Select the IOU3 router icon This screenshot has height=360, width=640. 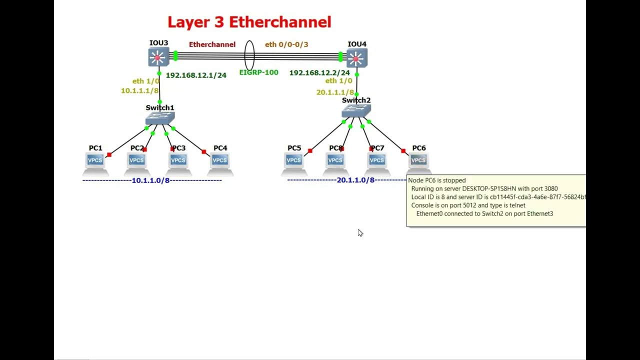click(x=158, y=57)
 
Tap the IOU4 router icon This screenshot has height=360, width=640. click(x=356, y=58)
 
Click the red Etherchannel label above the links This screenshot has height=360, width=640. click(x=212, y=44)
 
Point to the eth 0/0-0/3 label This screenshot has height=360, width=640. click(x=286, y=44)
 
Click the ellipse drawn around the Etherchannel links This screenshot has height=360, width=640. click(x=249, y=55)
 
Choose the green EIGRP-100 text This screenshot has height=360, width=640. click(x=258, y=72)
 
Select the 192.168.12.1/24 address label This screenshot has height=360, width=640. click(x=196, y=75)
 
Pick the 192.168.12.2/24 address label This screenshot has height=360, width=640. click(x=319, y=73)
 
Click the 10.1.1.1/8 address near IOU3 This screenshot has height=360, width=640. click(x=139, y=90)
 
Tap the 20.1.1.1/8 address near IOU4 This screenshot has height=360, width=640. click(x=335, y=92)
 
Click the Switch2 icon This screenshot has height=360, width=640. click(x=356, y=111)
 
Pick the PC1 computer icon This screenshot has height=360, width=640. click(x=95, y=160)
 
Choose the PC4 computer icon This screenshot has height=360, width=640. click(x=220, y=160)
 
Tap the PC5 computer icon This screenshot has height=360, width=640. click(x=294, y=160)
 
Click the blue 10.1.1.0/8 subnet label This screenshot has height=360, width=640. click(x=150, y=180)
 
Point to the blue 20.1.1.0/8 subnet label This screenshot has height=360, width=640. click(x=355, y=180)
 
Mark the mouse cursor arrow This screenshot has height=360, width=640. click(x=360, y=232)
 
